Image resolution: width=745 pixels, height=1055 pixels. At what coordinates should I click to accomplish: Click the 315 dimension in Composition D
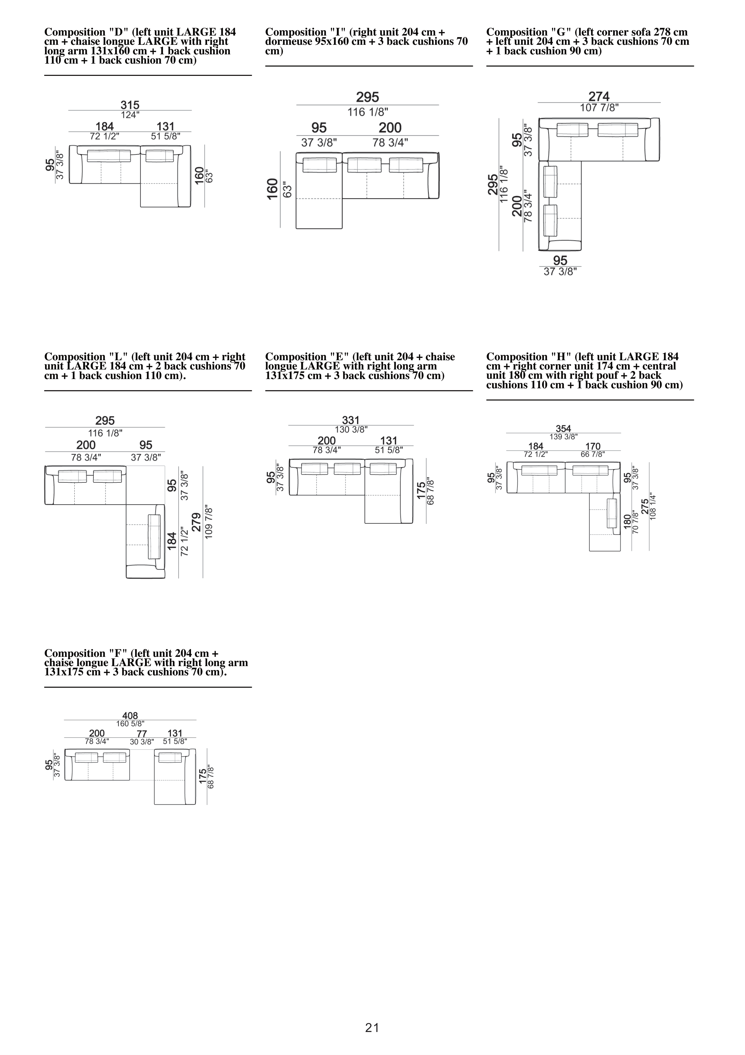click(x=130, y=105)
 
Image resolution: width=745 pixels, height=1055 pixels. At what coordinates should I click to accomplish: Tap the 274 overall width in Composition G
click(x=599, y=96)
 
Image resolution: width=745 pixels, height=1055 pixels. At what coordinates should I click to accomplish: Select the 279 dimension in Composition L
click(x=196, y=522)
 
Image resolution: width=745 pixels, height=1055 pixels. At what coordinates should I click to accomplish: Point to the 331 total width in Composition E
click(x=351, y=420)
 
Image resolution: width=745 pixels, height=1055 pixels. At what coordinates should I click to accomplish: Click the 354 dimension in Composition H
click(x=563, y=429)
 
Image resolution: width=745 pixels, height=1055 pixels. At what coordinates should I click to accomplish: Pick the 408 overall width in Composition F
click(x=130, y=715)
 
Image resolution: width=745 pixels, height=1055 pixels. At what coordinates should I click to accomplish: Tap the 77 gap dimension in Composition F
click(x=142, y=733)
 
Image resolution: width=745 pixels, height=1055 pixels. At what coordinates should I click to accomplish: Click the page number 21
click(x=372, y=1028)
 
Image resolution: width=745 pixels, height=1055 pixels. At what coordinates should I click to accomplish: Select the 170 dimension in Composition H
click(x=593, y=446)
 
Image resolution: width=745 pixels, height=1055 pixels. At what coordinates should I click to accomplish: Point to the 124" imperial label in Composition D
click(x=130, y=115)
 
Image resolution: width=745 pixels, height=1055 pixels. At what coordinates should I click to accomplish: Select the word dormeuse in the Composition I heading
click(x=288, y=41)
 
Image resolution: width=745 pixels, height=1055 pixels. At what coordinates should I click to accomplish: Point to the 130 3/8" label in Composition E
click(x=351, y=430)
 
